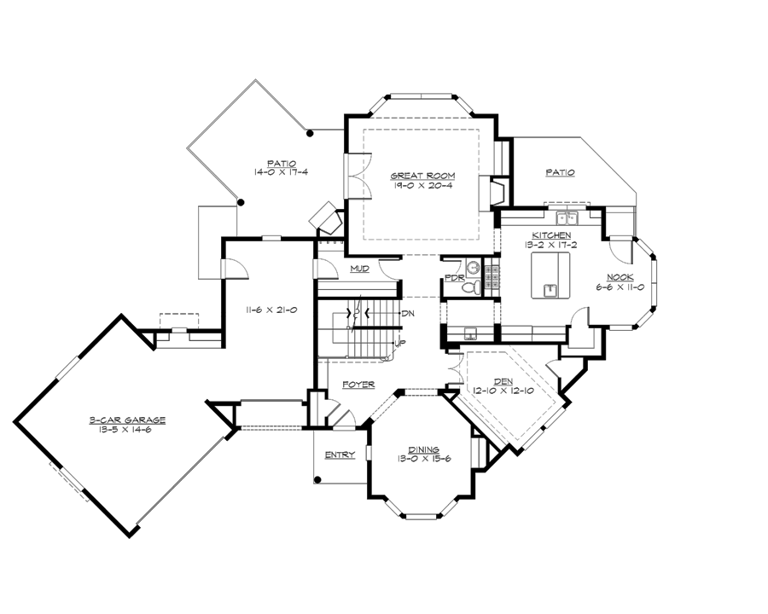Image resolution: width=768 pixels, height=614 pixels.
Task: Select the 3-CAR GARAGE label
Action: pyautogui.click(x=126, y=420)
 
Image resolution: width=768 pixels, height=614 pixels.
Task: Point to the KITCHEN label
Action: pyautogui.click(x=552, y=235)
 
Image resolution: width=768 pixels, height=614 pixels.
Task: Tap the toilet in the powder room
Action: pyautogui.click(x=471, y=287)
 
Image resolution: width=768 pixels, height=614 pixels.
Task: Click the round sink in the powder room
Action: pyautogui.click(x=474, y=268)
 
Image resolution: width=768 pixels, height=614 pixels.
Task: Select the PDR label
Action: pyautogui.click(x=454, y=279)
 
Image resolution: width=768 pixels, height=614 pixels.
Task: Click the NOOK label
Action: pyautogui.click(x=620, y=278)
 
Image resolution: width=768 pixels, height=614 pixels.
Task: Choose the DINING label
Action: pyautogui.click(x=423, y=449)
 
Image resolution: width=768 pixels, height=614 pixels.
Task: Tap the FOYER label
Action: pyautogui.click(x=358, y=384)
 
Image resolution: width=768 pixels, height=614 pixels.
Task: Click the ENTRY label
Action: pyautogui.click(x=340, y=455)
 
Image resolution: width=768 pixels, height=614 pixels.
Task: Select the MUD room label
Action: pyautogui.click(x=359, y=269)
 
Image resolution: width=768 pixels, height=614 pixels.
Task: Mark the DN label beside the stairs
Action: pyautogui.click(x=408, y=313)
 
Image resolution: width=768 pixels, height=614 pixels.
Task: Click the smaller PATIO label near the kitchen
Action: pyautogui.click(x=560, y=172)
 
